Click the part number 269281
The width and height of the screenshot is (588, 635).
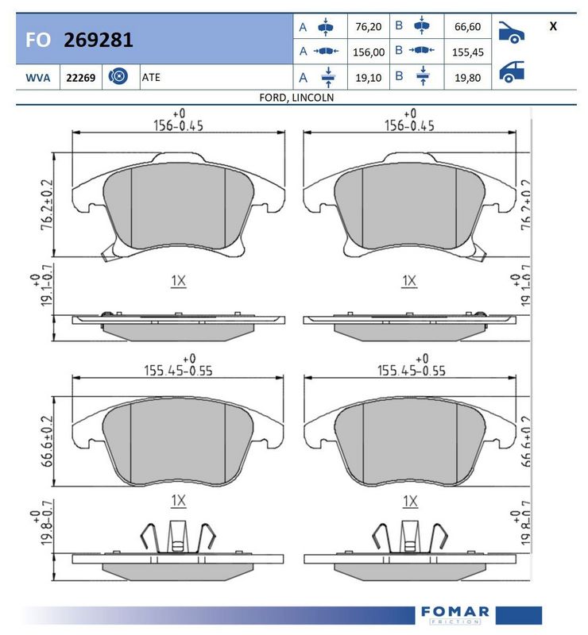tap(99, 40)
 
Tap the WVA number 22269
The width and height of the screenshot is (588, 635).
tap(81, 77)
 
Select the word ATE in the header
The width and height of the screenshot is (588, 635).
tap(151, 77)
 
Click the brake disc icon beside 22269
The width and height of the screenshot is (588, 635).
tap(118, 76)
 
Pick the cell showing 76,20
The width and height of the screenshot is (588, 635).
tap(368, 27)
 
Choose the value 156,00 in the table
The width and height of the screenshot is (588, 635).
tap(369, 52)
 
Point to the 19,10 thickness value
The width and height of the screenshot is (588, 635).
tap(368, 78)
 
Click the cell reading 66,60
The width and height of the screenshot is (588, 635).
tap(467, 27)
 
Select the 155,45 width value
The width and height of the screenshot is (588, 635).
tap(467, 52)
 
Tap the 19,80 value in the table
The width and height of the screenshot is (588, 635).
tap(467, 78)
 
